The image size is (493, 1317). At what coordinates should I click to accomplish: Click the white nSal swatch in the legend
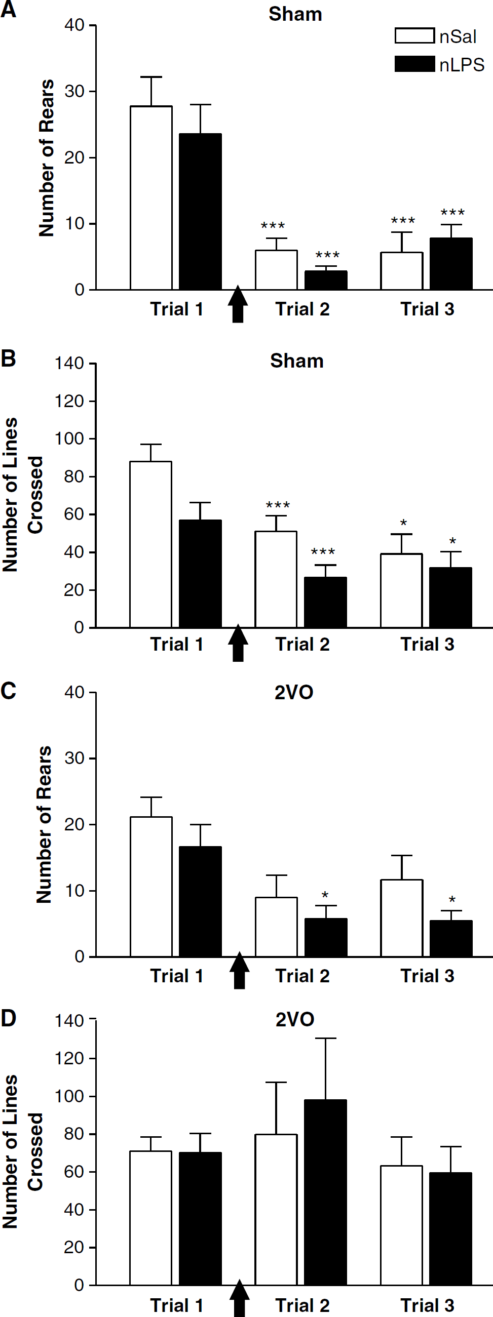pos(414,35)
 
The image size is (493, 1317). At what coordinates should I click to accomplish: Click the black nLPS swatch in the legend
pos(414,64)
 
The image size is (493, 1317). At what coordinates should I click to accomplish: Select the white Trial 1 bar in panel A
pos(151,198)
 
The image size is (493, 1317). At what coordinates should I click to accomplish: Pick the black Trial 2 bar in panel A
pos(326,280)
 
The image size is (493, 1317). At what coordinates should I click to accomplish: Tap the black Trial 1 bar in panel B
pos(200,574)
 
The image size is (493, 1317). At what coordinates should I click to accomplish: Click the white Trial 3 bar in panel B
pos(401,590)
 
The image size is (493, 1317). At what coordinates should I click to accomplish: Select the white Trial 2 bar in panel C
pos(276,927)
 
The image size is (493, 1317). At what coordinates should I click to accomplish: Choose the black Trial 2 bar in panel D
pos(326,1192)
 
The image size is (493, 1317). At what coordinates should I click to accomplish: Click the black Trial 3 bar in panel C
pos(451,939)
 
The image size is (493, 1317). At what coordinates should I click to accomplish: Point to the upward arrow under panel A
pos(238,304)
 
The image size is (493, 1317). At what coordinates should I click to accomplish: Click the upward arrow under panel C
pos(239,970)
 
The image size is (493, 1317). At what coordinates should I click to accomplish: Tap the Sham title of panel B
pos(296,361)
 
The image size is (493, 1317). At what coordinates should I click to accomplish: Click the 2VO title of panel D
pos(294,1019)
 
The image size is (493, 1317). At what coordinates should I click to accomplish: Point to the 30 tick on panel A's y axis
pos(74,92)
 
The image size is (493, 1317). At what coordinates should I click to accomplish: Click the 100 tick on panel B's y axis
pos(69,438)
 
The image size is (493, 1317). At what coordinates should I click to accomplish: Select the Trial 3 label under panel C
pos(428,976)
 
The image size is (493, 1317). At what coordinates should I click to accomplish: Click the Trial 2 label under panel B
pos(302,644)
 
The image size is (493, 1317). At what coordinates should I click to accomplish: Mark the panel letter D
pos(8,1018)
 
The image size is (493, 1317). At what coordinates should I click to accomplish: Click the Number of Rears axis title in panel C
pos(45,825)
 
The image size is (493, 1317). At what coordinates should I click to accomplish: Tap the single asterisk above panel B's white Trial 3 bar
pos(403,523)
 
